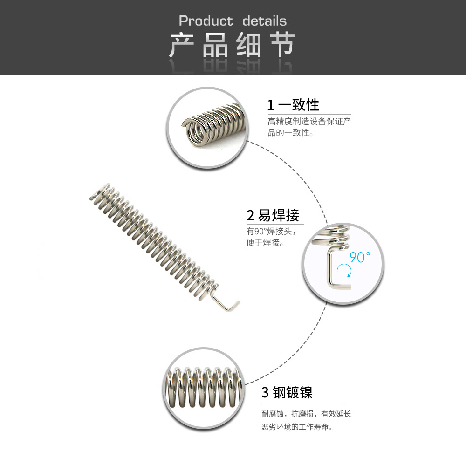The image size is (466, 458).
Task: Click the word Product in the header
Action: pos(206,21)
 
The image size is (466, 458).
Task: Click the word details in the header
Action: pos(264,21)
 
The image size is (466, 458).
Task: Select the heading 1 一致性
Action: pos(293,105)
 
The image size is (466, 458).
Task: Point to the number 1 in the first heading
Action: pos(270,105)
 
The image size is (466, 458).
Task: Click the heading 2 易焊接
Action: pos(273,215)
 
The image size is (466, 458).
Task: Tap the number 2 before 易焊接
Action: pos(250,215)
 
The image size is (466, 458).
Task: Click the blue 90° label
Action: pos(360,257)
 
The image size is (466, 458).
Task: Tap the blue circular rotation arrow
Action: pos(344,271)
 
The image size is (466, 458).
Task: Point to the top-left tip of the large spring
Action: pos(91,196)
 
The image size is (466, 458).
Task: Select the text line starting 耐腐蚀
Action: pos(306,414)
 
